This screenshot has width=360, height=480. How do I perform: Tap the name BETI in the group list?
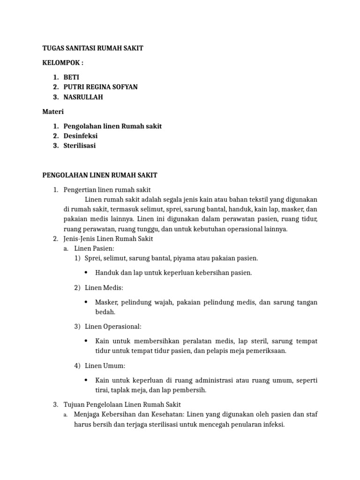pos(72,77)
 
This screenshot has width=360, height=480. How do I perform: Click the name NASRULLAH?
pos(83,97)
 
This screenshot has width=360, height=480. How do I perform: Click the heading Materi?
pos(52,112)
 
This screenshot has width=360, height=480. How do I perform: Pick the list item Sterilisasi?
pos(80,146)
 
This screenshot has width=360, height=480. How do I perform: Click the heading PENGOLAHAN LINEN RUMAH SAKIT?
pos(100,175)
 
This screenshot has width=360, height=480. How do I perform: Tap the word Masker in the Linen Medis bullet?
pos(105,302)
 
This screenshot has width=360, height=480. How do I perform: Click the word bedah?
pos(105,312)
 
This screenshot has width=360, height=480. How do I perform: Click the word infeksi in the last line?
pos(273,425)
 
